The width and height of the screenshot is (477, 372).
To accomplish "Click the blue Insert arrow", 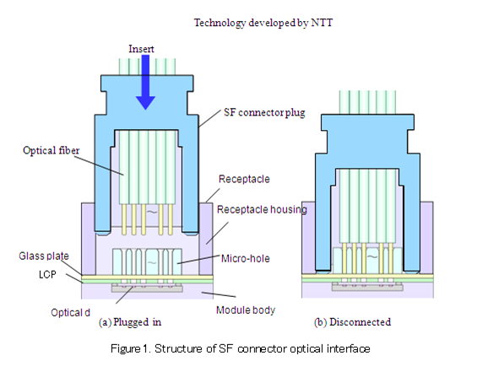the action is point(145,82).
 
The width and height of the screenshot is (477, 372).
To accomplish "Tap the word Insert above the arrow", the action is point(142,49).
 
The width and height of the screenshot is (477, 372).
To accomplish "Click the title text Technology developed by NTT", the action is point(263,23).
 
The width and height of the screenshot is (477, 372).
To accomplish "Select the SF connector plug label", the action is point(264,112).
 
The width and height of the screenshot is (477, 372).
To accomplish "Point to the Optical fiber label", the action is point(51,150).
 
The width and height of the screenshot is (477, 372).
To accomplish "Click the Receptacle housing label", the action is point(262,210).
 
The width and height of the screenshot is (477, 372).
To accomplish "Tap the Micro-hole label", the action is point(246,259).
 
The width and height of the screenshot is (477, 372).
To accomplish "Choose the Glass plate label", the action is point(44,256).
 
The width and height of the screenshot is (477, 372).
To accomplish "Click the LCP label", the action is point(47,274).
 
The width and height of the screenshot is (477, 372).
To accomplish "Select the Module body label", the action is point(246,310).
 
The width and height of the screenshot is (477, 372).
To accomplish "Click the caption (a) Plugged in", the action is point(130,322).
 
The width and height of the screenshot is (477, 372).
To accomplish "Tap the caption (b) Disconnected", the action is point(352,322).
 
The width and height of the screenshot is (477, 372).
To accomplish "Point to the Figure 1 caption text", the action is point(241,348).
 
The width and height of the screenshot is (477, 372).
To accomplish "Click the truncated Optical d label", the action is point(71,313).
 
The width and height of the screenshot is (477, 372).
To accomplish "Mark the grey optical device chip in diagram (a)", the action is point(147,288).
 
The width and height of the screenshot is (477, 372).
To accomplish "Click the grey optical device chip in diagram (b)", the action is point(367,287).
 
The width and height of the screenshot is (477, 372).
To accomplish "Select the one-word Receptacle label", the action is point(244,179).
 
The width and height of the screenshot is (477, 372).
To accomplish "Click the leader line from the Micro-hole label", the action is point(198,260).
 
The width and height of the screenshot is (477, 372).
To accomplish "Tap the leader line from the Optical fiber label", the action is point(99,166).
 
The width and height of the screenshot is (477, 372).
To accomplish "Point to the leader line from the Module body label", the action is point(219,294).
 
